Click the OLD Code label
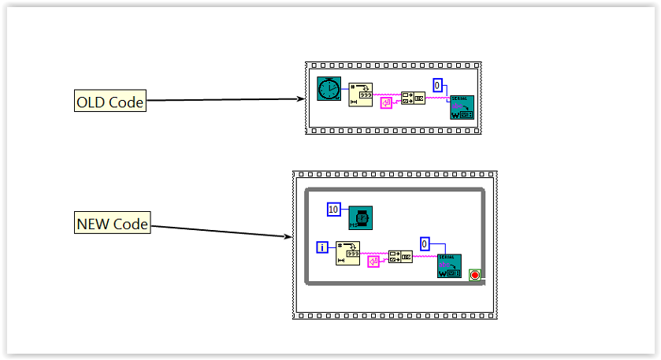(x=110, y=101)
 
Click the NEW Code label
(x=112, y=224)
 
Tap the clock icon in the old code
(x=328, y=88)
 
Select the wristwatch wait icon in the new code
(x=360, y=217)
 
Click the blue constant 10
(x=334, y=210)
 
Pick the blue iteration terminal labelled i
(x=322, y=247)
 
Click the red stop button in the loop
(x=475, y=274)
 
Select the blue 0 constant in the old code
(x=438, y=85)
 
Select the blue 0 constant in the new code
(x=425, y=243)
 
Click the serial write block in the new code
(x=449, y=266)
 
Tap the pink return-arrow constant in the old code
(x=386, y=103)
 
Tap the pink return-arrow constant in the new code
(x=373, y=261)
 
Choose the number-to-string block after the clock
(x=361, y=94)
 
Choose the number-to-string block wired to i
(x=347, y=253)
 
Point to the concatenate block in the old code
(x=413, y=98)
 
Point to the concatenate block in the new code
(x=400, y=256)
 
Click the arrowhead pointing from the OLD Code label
(x=301, y=98)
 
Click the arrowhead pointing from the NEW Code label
(x=288, y=236)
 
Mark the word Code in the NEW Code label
(x=130, y=224)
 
